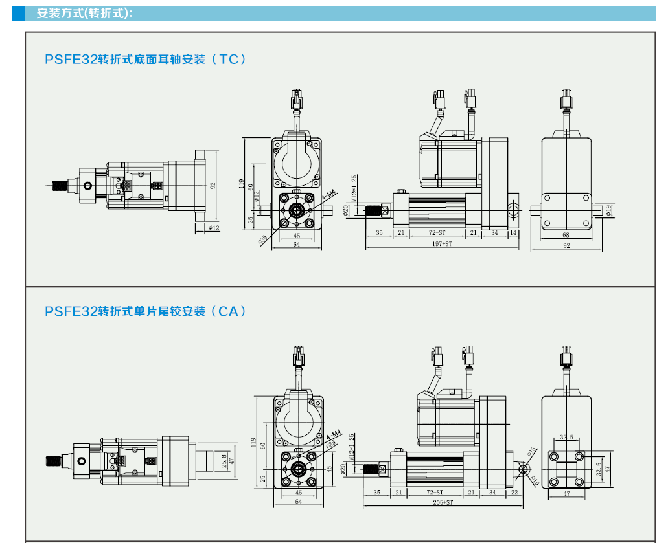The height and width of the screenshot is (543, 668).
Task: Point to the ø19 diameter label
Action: coord(608,209)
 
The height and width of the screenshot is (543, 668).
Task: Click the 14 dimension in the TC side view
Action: coord(513,232)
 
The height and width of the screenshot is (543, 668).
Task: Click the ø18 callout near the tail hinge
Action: coord(531,450)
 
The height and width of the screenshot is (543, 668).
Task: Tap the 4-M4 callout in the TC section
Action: coord(329,194)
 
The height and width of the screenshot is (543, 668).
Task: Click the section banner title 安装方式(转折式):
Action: coord(85,13)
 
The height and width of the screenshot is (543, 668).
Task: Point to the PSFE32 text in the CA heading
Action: coord(71,311)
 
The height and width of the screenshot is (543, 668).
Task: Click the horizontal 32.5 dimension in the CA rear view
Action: coord(566,438)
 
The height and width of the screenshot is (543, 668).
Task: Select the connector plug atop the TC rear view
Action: coord(566,98)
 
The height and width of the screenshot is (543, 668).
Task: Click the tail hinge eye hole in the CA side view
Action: coord(524,469)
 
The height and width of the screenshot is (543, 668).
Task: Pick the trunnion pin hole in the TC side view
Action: coord(513,210)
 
